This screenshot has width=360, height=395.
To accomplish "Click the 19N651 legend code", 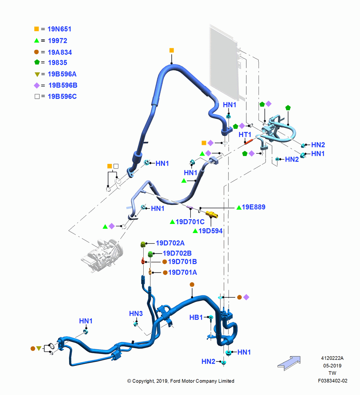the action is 60,29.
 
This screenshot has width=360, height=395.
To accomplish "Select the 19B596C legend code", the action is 62,96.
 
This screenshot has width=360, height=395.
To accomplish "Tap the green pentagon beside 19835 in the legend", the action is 37,62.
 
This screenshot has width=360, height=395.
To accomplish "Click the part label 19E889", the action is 253,207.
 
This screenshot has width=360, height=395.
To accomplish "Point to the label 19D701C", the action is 190,222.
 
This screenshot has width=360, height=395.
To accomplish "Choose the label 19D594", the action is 210,231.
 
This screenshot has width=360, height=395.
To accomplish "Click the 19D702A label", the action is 170,243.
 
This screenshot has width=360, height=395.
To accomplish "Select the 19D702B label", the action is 177,253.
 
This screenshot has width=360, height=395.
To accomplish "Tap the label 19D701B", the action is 182,262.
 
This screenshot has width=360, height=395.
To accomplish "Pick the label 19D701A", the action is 182,272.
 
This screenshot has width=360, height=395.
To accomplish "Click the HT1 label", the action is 245,135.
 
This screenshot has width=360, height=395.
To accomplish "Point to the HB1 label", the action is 196,318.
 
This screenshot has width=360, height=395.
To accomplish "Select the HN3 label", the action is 136,314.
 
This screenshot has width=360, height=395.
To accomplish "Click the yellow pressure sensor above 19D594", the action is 212,214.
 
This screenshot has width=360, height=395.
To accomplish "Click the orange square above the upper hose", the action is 172,51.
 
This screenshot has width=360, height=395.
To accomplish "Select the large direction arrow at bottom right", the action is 289,363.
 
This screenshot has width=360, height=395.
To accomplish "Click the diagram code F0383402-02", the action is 332,381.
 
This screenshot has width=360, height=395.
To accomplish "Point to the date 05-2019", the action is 332,365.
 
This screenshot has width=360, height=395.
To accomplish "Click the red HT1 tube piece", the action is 248,141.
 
